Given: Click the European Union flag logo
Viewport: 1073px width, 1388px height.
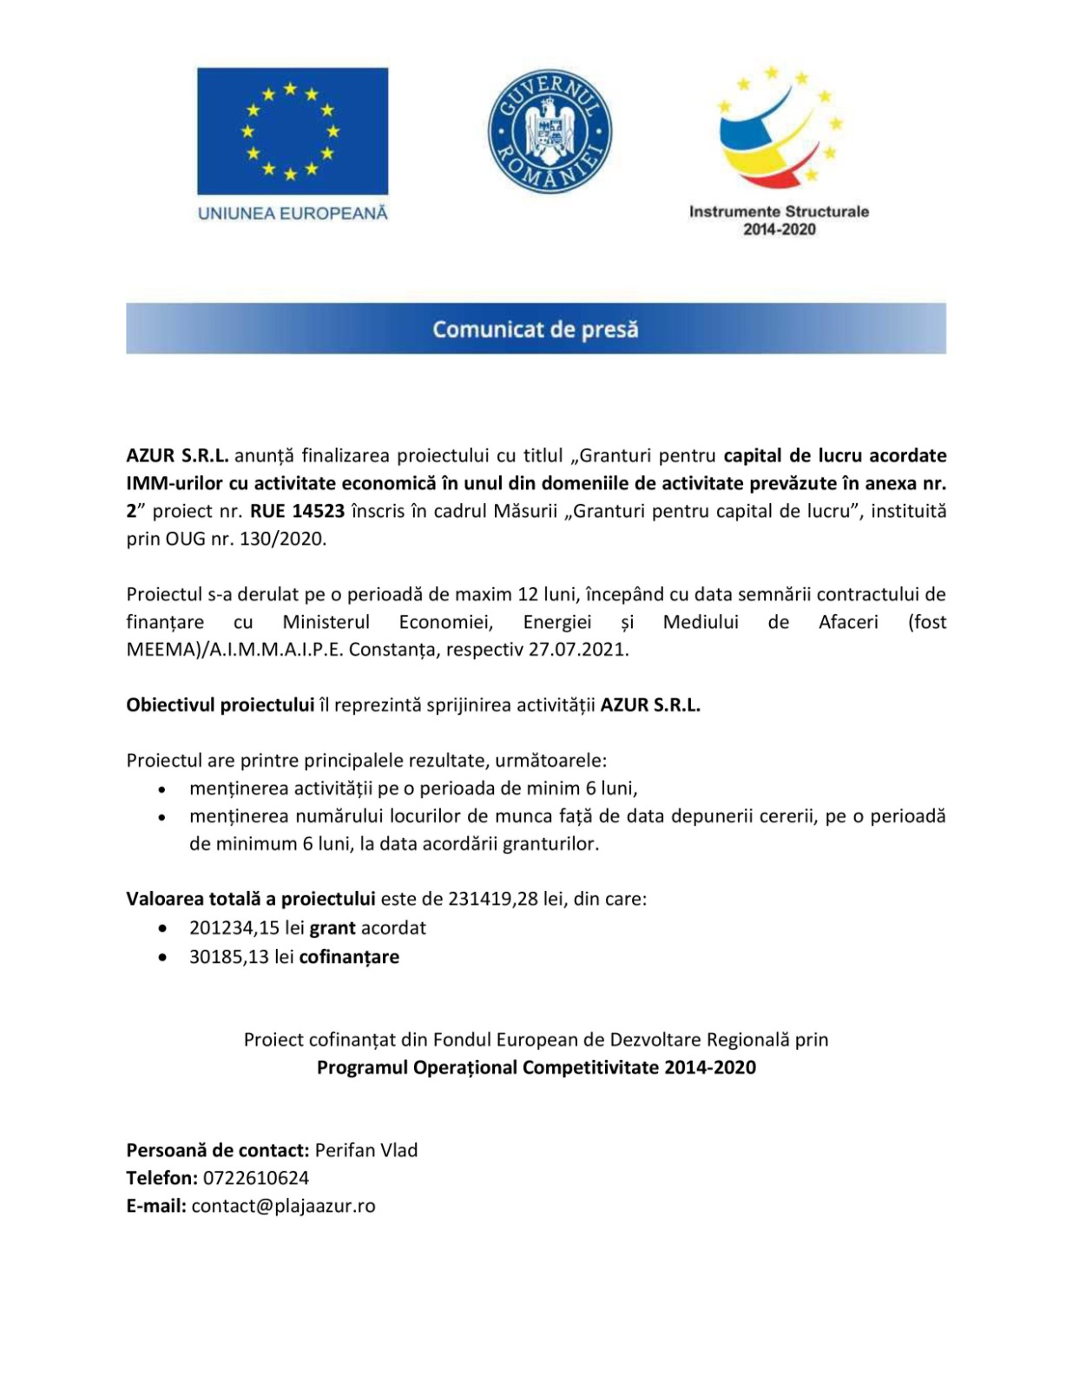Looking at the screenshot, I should (x=293, y=131).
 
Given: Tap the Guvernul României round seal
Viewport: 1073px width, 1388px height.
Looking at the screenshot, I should (x=550, y=132).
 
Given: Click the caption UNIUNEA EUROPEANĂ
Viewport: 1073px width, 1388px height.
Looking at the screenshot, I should (x=293, y=213).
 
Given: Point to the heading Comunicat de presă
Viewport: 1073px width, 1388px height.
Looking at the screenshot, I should (x=536, y=329).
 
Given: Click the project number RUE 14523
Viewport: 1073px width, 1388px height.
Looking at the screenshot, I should (x=298, y=511).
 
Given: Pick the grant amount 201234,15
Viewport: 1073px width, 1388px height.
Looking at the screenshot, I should (x=234, y=928).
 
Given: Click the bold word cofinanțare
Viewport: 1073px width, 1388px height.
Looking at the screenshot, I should (x=349, y=958).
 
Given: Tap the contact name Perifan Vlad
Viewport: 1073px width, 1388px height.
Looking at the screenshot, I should (x=366, y=1150).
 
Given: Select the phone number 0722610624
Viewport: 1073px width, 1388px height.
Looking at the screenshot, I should (x=256, y=1178).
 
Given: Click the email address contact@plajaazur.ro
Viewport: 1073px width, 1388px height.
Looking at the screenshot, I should (x=284, y=1206).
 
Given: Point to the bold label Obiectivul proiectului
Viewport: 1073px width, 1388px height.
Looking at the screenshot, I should (x=221, y=705).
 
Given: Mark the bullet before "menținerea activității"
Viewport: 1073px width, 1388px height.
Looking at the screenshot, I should (x=162, y=790).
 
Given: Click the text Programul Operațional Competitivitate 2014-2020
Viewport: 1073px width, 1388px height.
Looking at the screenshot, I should (x=536, y=1068).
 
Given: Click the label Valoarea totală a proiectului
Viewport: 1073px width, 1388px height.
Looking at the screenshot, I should (x=251, y=899).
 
